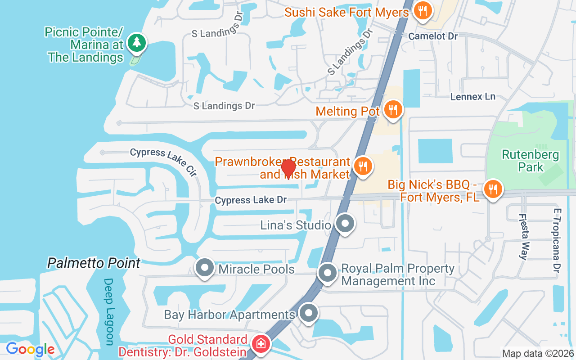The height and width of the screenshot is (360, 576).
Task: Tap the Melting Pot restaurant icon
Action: tap(393, 109)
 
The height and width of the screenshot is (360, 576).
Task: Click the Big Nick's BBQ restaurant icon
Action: tap(493, 189)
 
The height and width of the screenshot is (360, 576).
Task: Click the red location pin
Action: tap(288, 169)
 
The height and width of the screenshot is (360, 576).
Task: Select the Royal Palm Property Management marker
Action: tap(328, 273)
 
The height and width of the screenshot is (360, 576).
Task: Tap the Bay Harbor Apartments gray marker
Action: tap(309, 314)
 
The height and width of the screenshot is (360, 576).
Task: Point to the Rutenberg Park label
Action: tap(531, 161)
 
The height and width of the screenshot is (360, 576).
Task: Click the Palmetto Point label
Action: tap(94, 263)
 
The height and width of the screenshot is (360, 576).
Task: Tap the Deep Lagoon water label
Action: tap(109, 311)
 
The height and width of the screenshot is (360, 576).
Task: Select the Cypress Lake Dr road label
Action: tap(251, 200)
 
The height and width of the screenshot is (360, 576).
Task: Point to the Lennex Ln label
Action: tap(472, 97)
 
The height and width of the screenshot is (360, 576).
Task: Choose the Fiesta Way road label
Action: tap(523, 236)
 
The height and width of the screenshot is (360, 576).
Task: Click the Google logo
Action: tap(31, 349)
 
